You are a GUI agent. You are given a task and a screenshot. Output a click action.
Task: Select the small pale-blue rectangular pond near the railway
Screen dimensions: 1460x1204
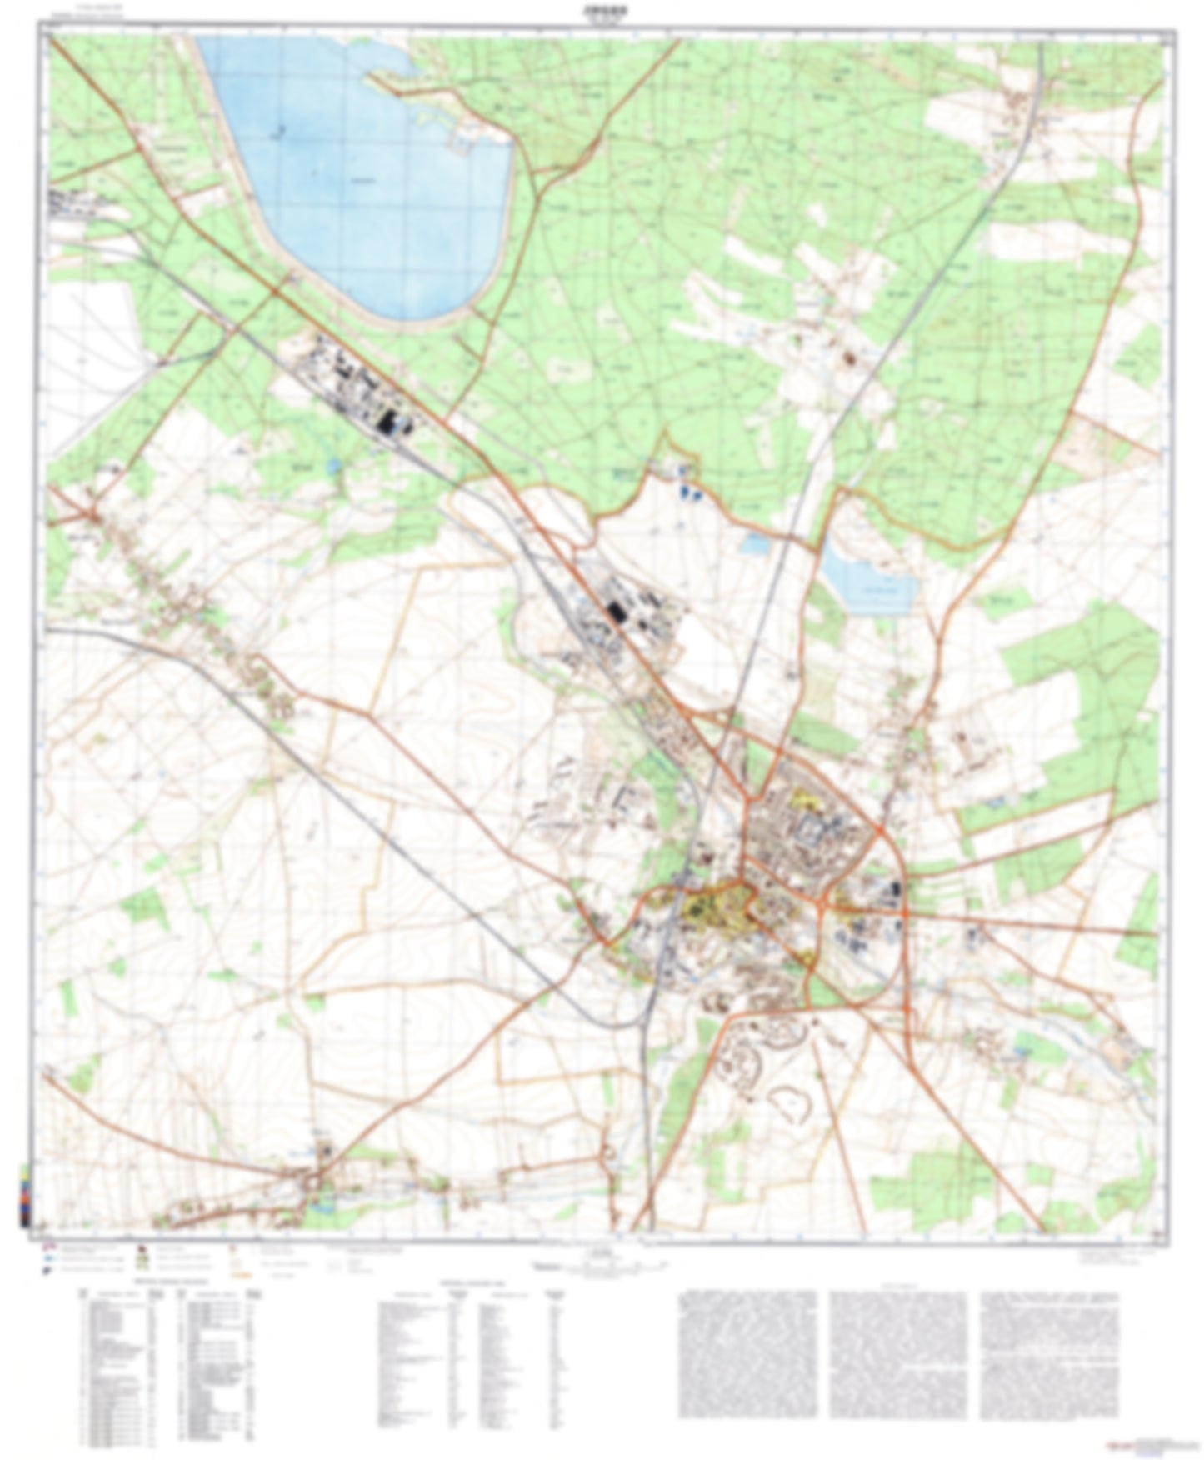click(x=756, y=544)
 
